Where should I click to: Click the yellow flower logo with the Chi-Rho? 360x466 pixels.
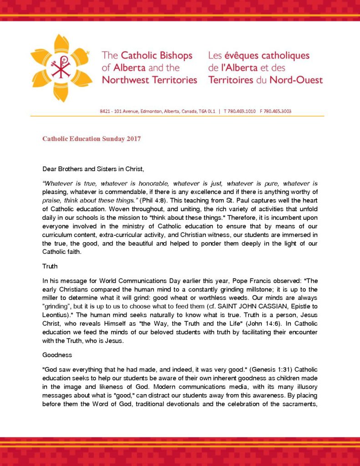pyautogui.click(x=61, y=67)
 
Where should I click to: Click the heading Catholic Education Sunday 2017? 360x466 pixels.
pyautogui.click(x=91, y=139)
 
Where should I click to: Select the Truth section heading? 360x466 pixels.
pyautogui.click(x=50, y=265)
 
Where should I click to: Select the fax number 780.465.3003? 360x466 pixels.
pyautogui.click(x=278, y=111)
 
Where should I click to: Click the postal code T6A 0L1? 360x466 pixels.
pyautogui.click(x=206, y=111)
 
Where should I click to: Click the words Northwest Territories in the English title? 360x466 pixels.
pyautogui.click(x=149, y=80)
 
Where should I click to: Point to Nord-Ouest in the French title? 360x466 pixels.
pyautogui.click(x=295, y=80)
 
